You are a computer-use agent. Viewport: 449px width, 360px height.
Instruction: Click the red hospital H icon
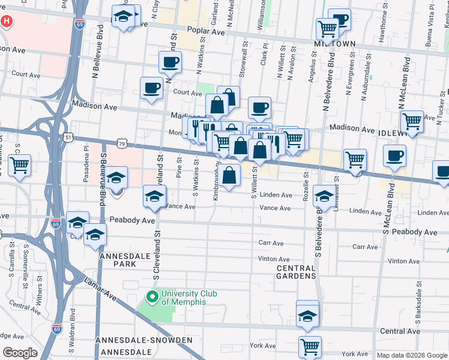[6, 21]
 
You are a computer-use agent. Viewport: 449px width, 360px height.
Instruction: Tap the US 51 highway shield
[70, 137]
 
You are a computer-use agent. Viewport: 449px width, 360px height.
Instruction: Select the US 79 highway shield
[122, 144]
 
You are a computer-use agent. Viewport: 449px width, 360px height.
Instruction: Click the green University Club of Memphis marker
[152, 296]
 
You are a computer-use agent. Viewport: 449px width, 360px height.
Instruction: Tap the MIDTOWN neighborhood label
[335, 44]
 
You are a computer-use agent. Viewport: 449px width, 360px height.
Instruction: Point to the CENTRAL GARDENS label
[295, 272]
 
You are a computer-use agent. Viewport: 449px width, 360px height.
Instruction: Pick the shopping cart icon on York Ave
[310, 346]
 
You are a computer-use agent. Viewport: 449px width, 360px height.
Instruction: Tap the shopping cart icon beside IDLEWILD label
[412, 121]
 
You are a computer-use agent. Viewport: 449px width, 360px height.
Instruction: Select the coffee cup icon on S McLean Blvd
[394, 156]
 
